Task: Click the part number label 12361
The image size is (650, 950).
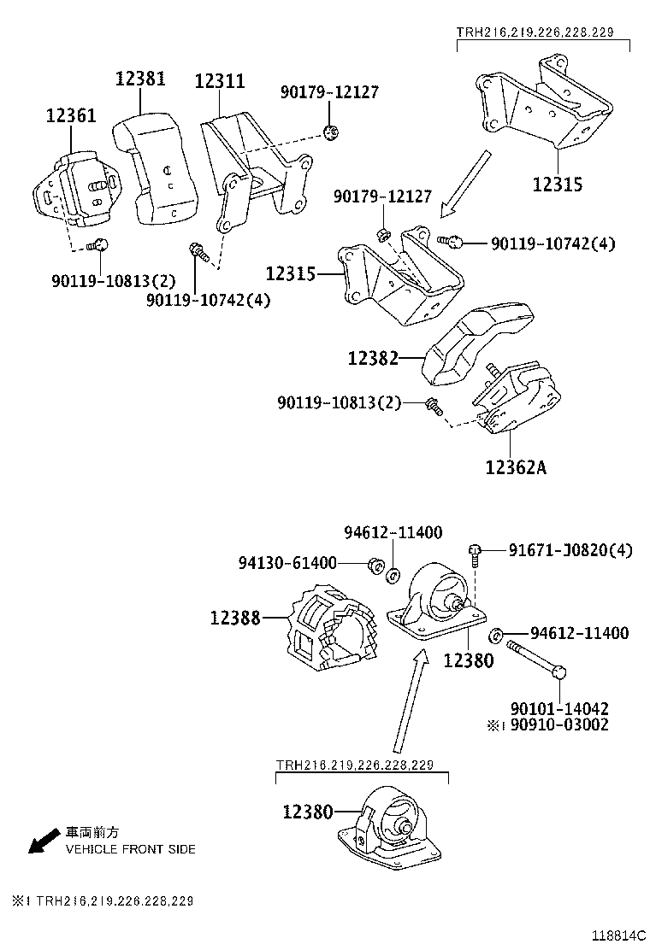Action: pyautogui.click(x=71, y=115)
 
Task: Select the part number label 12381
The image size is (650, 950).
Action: pyautogui.click(x=140, y=79)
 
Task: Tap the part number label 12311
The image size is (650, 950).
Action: pyautogui.click(x=220, y=82)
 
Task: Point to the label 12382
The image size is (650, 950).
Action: pyautogui.click(x=373, y=359)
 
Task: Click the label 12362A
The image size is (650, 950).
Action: pyautogui.click(x=516, y=467)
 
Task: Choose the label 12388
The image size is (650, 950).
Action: pyautogui.click(x=235, y=617)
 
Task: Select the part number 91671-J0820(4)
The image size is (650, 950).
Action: pyautogui.click(x=570, y=550)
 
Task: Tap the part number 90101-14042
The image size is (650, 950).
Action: pyautogui.click(x=559, y=708)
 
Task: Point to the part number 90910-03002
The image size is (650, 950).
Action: pyautogui.click(x=559, y=724)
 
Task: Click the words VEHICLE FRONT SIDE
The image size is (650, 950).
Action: pyautogui.click(x=131, y=849)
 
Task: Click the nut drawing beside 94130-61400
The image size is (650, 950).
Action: pyautogui.click(x=373, y=565)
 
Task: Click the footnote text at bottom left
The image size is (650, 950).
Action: pyautogui.click(x=103, y=901)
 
